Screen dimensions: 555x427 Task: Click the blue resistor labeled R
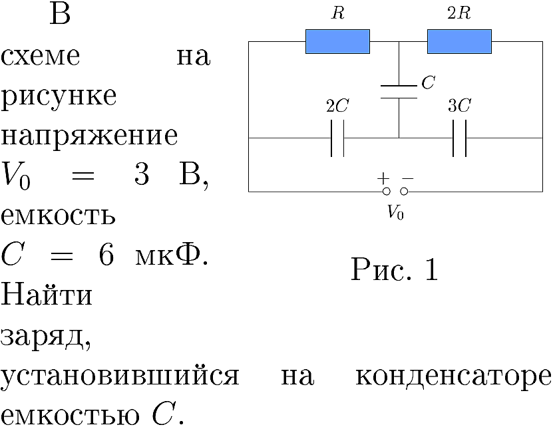(x=337, y=42)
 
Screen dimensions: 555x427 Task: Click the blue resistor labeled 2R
(x=459, y=42)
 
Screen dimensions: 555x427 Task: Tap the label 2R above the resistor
(x=459, y=13)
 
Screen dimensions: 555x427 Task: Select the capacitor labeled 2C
(x=337, y=138)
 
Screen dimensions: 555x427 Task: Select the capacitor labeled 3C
(x=459, y=138)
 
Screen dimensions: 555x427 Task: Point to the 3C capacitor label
(x=459, y=105)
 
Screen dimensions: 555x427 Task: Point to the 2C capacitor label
(x=337, y=105)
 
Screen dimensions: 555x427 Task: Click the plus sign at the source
(x=383, y=178)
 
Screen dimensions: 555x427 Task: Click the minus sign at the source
(x=408, y=178)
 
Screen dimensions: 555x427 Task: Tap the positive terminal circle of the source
(x=387, y=192)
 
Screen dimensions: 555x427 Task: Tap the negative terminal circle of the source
(x=404, y=192)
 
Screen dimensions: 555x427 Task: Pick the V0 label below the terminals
(x=395, y=212)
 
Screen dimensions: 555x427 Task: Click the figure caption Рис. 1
(x=395, y=269)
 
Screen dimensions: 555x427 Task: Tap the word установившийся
(x=120, y=375)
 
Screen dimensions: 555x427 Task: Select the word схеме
(x=40, y=57)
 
